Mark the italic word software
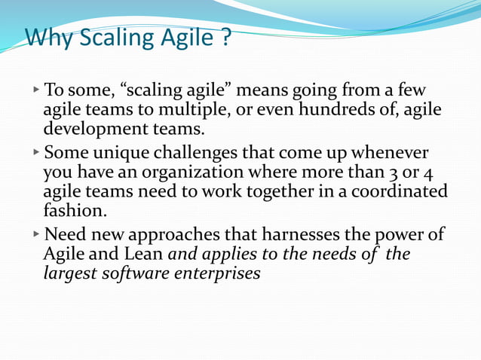(133, 272)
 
